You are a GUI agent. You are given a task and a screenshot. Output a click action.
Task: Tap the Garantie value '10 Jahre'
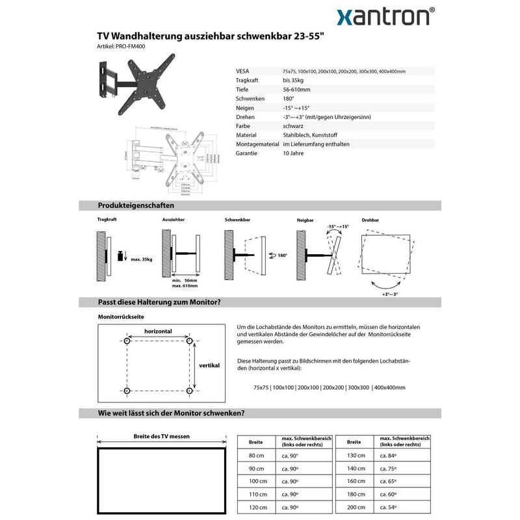point(294,153)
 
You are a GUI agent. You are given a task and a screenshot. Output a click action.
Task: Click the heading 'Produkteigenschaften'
point(135,205)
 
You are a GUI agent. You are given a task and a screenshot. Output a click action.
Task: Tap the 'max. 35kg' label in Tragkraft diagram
point(141,259)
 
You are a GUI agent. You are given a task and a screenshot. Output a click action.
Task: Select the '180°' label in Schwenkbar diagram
point(282,255)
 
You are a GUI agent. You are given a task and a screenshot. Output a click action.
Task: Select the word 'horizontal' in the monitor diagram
point(158,331)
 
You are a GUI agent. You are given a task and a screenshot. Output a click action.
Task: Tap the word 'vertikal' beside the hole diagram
point(209,365)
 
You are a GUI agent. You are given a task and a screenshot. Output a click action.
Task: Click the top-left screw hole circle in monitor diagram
point(127,341)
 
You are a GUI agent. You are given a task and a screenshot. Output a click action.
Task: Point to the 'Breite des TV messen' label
point(161,436)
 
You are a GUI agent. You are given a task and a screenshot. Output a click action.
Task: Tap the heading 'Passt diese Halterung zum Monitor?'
point(159,302)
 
